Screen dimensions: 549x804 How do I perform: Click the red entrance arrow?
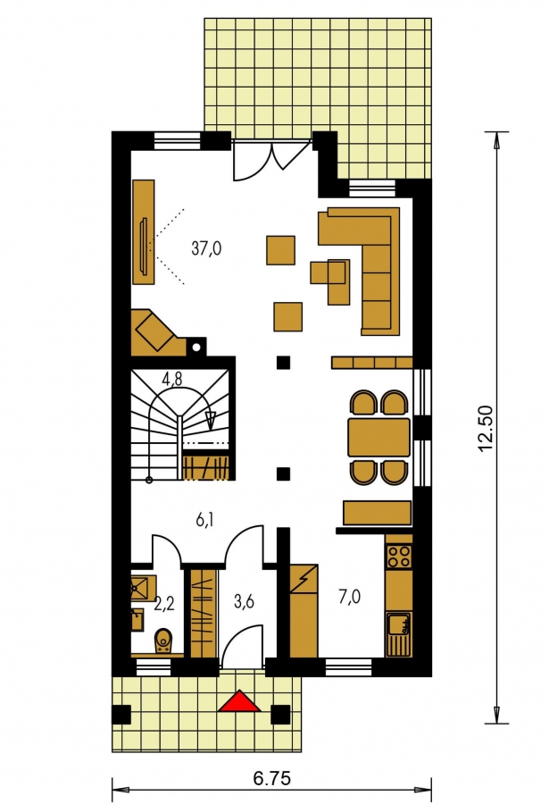[x=239, y=702]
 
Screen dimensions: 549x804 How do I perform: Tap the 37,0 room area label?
[x=206, y=248]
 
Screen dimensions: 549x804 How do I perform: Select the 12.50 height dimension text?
[x=485, y=429]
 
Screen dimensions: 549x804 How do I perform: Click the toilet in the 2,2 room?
[x=163, y=641]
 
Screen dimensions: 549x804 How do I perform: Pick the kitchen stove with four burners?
[x=399, y=557]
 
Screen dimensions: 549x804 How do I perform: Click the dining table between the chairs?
[x=378, y=438]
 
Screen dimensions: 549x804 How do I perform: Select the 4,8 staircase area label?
[x=172, y=379]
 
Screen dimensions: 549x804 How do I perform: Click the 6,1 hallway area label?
[x=205, y=521]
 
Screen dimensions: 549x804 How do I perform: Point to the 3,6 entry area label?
[x=244, y=601]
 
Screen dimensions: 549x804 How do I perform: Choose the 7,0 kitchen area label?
[x=349, y=597]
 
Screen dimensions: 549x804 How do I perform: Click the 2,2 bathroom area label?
[x=164, y=604]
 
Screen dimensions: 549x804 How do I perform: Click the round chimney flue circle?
[x=195, y=348]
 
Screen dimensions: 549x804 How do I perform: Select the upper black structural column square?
[x=284, y=363]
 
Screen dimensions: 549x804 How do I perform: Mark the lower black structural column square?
[x=284, y=473]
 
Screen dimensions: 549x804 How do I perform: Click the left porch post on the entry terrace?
[x=121, y=715]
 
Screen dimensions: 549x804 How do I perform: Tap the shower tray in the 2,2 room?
[x=143, y=589]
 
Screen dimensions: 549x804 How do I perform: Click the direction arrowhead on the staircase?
[x=210, y=420]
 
